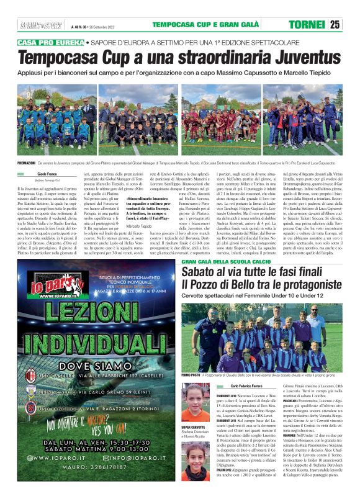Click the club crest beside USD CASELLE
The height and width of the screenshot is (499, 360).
click(29, 377)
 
